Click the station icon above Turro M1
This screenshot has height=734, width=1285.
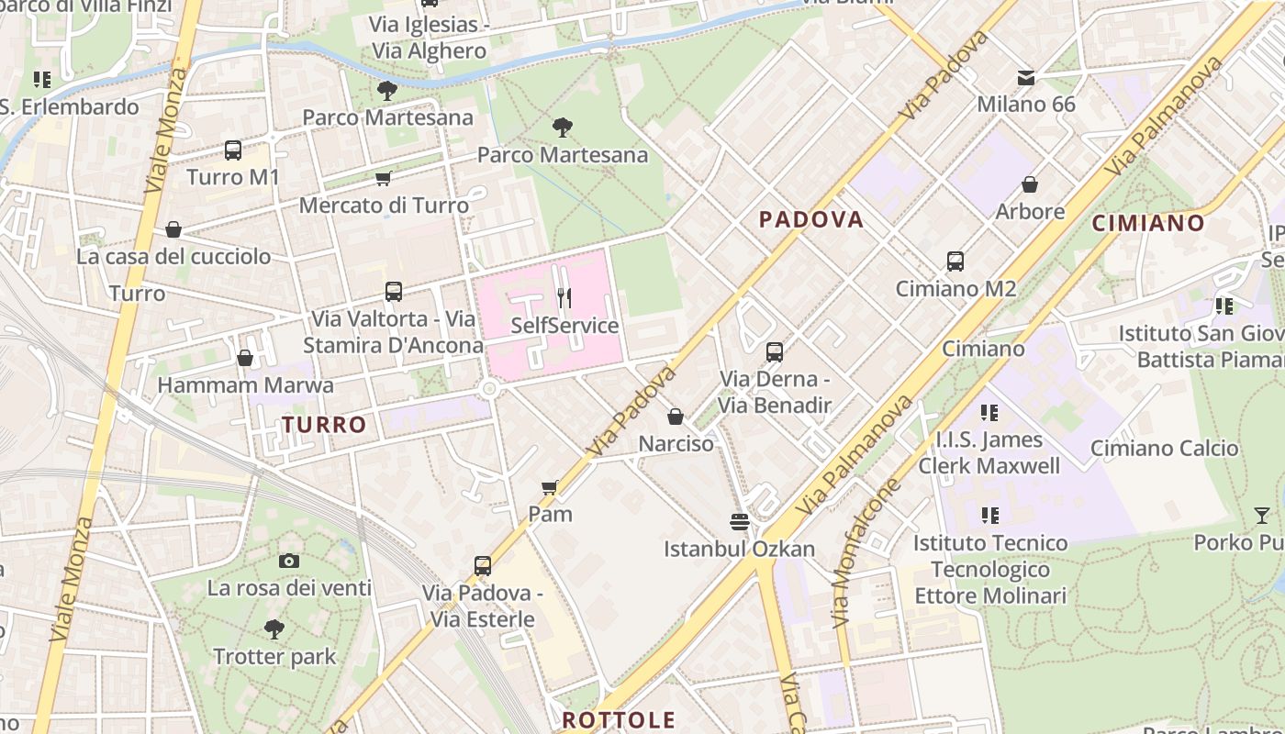click(x=233, y=150)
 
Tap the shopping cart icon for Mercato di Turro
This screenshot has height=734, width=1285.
click(x=383, y=178)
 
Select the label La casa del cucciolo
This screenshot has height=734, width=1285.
click(x=173, y=256)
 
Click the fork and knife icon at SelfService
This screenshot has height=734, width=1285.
click(x=564, y=297)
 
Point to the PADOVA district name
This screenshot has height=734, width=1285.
click(x=811, y=219)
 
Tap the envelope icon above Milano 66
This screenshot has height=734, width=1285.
click(x=1025, y=77)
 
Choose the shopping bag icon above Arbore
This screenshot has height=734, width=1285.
click(x=1030, y=184)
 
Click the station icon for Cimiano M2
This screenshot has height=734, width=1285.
click(x=955, y=261)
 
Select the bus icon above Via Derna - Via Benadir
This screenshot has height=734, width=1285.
click(x=775, y=351)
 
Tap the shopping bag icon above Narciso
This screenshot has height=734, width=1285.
click(x=676, y=417)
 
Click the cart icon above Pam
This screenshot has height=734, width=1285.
click(x=550, y=487)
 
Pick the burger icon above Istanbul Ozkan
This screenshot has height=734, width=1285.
click(x=740, y=522)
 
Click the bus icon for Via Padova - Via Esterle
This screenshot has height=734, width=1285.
click(x=483, y=565)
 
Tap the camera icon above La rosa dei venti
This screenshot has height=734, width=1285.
click(x=289, y=561)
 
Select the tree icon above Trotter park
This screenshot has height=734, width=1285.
click(x=274, y=629)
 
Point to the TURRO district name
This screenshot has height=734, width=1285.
click(x=324, y=425)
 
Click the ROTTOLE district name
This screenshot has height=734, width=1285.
click(x=619, y=719)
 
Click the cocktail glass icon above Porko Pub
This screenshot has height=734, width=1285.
click(x=1262, y=516)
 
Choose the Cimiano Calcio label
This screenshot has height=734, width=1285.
click(x=1164, y=448)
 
